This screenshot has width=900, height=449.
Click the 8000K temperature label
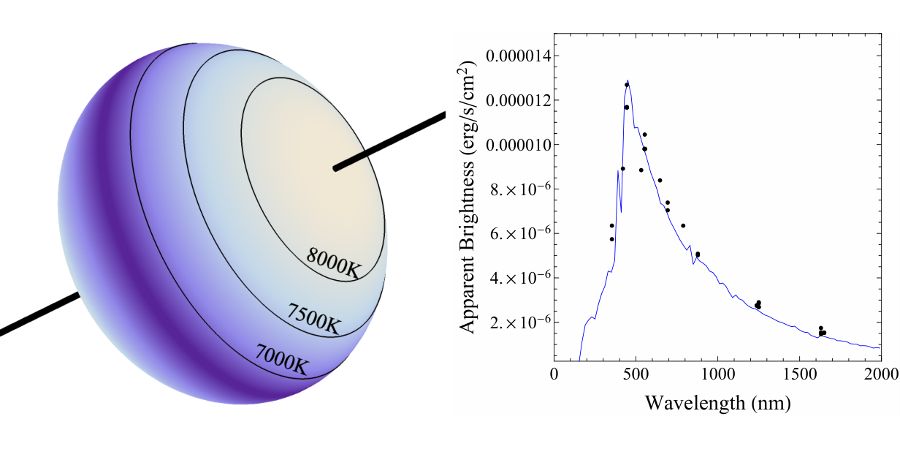333,263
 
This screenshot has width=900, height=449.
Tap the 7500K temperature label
314,319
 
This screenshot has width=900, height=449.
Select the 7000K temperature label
282,359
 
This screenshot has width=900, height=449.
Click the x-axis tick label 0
554,374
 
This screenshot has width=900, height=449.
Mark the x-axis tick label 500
636,374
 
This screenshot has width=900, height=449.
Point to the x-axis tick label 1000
717,374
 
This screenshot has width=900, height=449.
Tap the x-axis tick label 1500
799,374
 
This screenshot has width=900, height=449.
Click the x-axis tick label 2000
881,374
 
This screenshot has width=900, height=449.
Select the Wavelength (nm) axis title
718,403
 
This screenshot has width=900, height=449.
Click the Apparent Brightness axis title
467,197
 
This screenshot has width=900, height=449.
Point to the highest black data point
627,85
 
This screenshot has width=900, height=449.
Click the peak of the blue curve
628,80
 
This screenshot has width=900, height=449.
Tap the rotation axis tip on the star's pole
335,168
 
